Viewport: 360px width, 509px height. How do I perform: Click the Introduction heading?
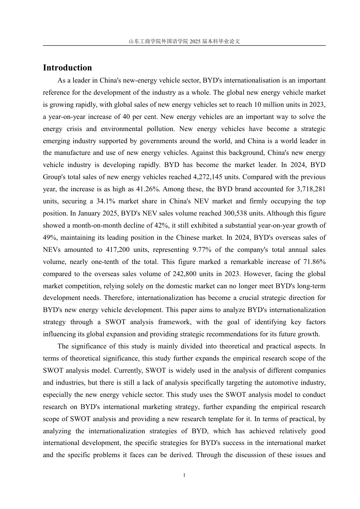tap(67, 68)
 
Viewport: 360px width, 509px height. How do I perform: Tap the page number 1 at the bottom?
tap(184, 475)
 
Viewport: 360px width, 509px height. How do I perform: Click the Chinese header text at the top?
tap(184, 41)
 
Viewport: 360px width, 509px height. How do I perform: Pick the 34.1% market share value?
tap(110, 201)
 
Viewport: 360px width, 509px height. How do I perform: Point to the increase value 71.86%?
tap(315, 262)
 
